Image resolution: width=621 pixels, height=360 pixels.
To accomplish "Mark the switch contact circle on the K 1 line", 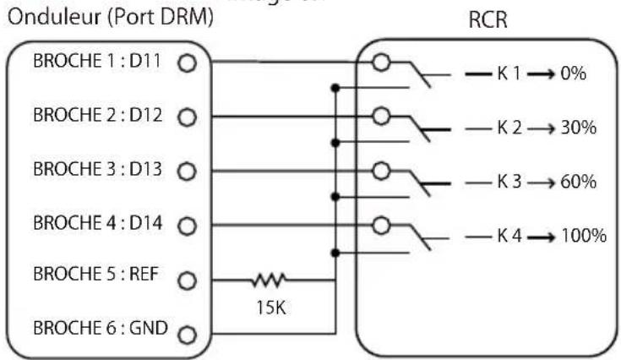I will [383, 62].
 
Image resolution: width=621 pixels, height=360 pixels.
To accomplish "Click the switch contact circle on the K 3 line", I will [383, 170].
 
